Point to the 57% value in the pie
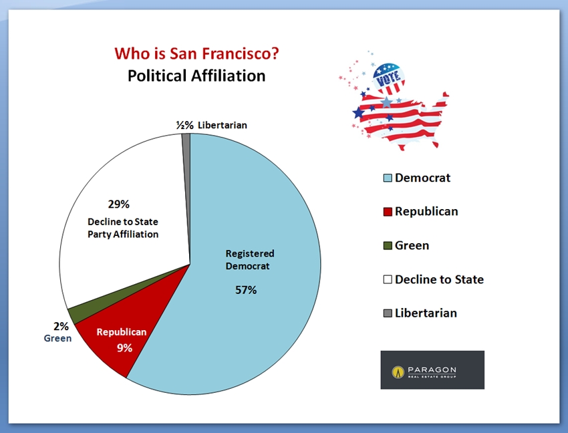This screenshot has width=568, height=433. pyautogui.click(x=246, y=290)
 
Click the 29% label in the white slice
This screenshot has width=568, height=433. pyautogui.click(x=118, y=204)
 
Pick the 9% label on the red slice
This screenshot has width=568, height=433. pyautogui.click(x=124, y=348)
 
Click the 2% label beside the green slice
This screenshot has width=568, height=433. pyautogui.click(x=61, y=327)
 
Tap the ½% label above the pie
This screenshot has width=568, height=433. pyautogui.click(x=184, y=126)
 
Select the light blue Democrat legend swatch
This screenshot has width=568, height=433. pyautogui.click(x=388, y=178)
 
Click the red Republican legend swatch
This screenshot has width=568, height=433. pyautogui.click(x=388, y=212)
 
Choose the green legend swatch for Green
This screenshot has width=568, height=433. pyautogui.click(x=388, y=246)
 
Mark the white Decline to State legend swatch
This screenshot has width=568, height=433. pyautogui.click(x=388, y=279)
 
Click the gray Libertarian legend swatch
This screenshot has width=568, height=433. pyautogui.click(x=388, y=313)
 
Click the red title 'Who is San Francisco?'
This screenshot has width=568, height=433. pyautogui.click(x=196, y=53)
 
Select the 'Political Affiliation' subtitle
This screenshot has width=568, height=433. pyautogui.click(x=196, y=76)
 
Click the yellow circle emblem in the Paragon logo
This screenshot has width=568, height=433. pyautogui.click(x=398, y=372)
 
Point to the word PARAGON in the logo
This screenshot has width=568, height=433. pyautogui.click(x=432, y=370)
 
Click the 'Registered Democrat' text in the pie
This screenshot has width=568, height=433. pyautogui.click(x=250, y=260)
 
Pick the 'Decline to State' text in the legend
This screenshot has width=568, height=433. pyautogui.click(x=440, y=279)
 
